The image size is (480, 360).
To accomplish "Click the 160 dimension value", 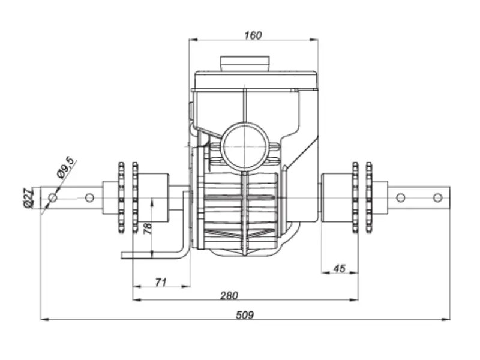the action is [253, 35].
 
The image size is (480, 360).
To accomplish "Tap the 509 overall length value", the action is [245, 315].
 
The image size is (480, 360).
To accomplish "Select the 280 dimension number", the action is [229, 296].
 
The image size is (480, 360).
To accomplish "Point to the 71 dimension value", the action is [161, 282].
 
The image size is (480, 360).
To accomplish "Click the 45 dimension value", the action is [339, 268].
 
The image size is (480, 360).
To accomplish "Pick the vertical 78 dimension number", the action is [148, 229].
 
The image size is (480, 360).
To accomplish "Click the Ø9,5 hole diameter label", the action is [65, 167].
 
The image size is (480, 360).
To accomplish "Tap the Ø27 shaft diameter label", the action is [28, 199].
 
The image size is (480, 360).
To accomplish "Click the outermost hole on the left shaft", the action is [53, 198].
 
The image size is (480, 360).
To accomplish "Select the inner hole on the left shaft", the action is [89, 198].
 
